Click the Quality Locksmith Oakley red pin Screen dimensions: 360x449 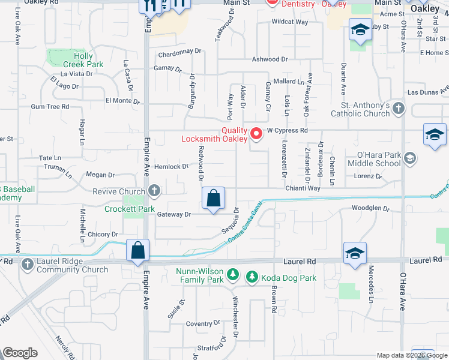coord(256,133)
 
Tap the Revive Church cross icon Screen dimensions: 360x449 coord(154,191)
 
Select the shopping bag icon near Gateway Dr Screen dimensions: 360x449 coord(213,199)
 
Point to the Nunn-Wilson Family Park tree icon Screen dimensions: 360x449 coord(233,276)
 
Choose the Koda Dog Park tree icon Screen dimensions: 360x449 coord(253,276)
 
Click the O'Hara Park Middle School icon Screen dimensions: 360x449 coord(410,158)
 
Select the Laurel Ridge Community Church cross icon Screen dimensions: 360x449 coord(27,264)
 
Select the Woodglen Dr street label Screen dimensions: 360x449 coord(370,209)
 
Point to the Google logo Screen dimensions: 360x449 coord(20,353)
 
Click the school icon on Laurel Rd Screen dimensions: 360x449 coord(355,254)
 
